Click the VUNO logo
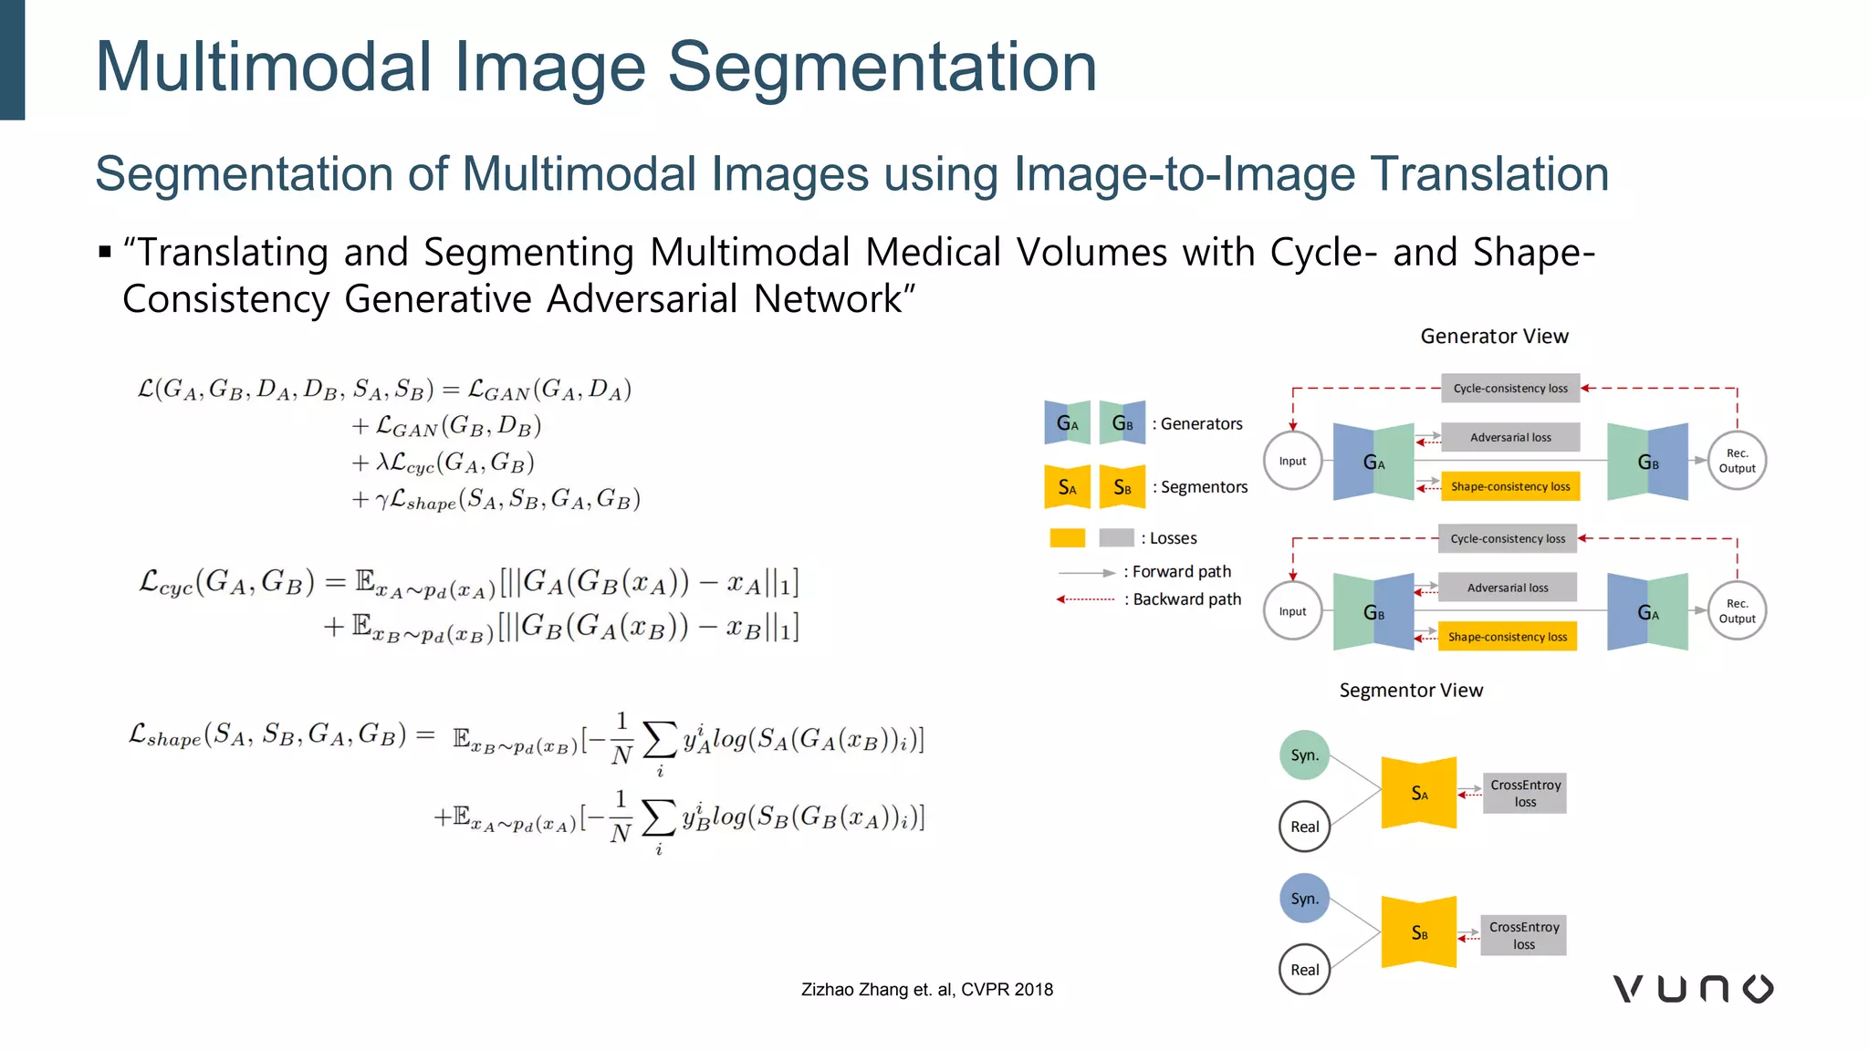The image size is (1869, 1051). click(x=1693, y=989)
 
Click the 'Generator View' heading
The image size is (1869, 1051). click(x=1494, y=337)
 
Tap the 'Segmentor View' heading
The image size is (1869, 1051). click(x=1411, y=691)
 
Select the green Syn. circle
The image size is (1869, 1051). click(x=1304, y=755)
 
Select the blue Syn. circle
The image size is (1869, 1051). click(x=1304, y=899)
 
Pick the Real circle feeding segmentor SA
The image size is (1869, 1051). click(x=1304, y=827)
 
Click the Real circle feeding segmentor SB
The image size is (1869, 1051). click(x=1304, y=970)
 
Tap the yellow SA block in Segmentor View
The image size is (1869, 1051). click(x=1418, y=793)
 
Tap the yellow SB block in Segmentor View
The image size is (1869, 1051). click(x=1418, y=932)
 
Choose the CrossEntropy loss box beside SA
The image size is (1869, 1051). click(x=1525, y=793)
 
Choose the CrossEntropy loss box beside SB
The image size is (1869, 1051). click(x=1523, y=935)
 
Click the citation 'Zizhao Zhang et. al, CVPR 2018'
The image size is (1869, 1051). click(x=926, y=990)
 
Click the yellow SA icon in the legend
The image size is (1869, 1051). click(x=1067, y=487)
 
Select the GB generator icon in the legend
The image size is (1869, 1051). click(x=1122, y=423)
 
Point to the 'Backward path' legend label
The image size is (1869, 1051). click(x=1186, y=599)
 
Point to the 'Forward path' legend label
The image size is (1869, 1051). click(x=1181, y=572)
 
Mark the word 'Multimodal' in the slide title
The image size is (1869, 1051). click(x=264, y=67)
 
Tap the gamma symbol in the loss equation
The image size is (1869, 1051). click(x=382, y=501)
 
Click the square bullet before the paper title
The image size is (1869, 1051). click(x=105, y=252)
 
